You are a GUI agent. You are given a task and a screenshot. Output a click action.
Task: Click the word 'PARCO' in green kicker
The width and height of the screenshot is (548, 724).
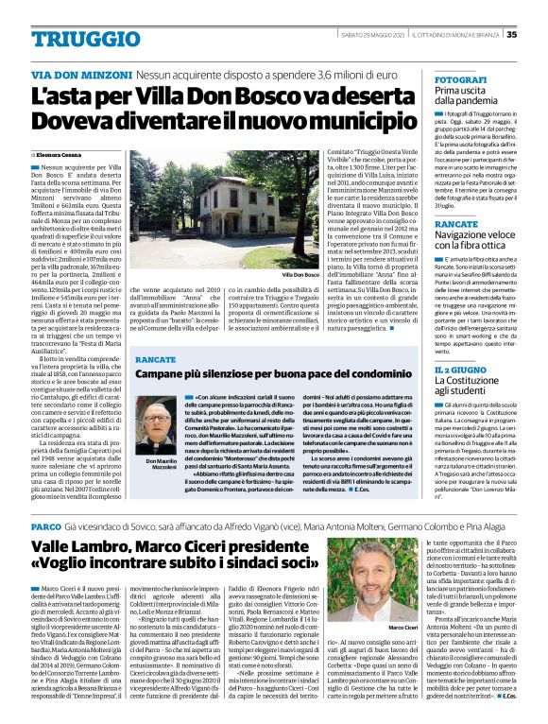click(46, 525)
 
